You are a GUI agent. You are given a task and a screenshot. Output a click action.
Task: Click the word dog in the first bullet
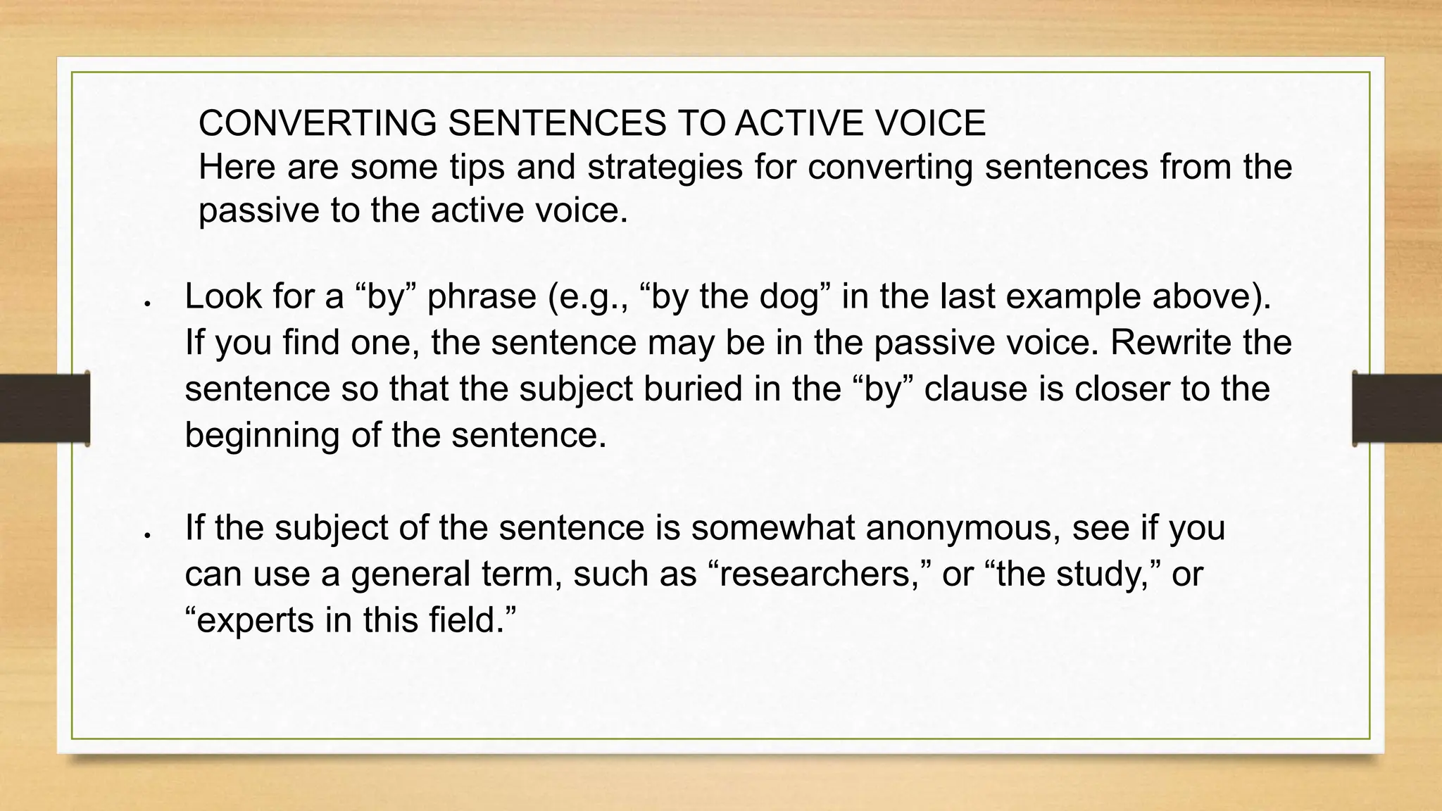click(x=790, y=297)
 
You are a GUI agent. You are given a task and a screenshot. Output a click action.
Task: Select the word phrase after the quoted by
click(x=482, y=297)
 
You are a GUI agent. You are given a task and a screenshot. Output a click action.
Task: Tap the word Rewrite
click(x=1170, y=343)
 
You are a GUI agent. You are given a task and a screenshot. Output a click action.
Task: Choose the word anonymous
click(x=963, y=528)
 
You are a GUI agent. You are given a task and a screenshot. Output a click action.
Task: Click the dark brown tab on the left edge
click(x=44, y=408)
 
